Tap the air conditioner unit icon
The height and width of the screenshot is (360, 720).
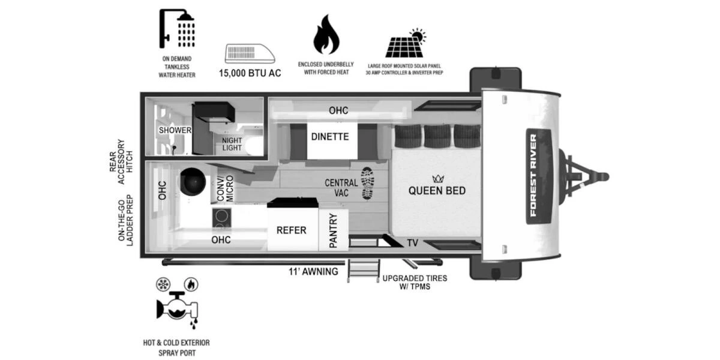(x=250, y=53)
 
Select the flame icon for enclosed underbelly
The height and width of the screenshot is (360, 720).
(x=326, y=35)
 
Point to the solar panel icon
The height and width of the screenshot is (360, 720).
(x=406, y=44)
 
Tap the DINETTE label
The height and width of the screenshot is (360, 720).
(x=330, y=136)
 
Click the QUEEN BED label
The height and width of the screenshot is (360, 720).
(x=437, y=191)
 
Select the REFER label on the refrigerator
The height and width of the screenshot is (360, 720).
(x=292, y=230)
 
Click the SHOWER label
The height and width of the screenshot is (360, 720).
(x=175, y=130)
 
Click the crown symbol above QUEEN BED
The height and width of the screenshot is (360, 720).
(x=437, y=178)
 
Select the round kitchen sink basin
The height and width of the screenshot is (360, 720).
(x=193, y=181)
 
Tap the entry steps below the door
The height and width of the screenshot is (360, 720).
(x=364, y=271)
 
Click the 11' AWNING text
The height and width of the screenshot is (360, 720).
(x=313, y=272)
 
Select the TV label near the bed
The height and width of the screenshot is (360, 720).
(x=412, y=243)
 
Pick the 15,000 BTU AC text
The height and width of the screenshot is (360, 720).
(x=250, y=73)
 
